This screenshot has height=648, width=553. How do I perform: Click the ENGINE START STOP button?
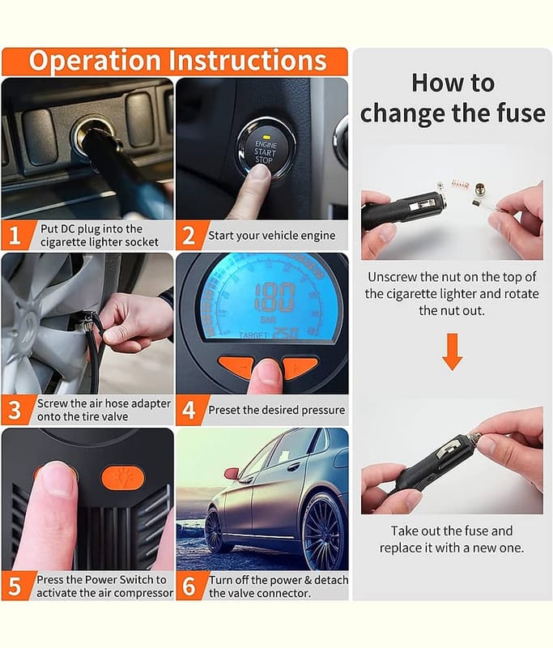click(266, 149)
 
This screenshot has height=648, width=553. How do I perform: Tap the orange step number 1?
click(15, 235)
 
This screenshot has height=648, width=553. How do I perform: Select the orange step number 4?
click(189, 410)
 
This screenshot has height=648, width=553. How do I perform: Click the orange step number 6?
click(189, 586)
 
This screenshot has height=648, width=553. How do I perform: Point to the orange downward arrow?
click(453, 352)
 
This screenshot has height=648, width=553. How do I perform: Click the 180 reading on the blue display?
click(274, 297)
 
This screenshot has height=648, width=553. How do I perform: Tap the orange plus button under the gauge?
click(300, 367)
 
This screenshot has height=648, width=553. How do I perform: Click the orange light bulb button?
click(122, 478)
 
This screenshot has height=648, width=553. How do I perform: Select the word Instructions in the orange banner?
click(248, 61)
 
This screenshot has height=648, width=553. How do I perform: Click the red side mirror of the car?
click(231, 473)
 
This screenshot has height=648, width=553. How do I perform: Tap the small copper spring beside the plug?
click(461, 183)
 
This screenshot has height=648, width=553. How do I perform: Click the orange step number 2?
click(189, 236)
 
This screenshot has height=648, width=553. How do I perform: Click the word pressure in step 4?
click(323, 411)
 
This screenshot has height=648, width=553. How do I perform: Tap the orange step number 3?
click(15, 410)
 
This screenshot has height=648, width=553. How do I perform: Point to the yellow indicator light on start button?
click(267, 137)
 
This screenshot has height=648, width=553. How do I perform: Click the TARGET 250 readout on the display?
click(269, 335)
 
